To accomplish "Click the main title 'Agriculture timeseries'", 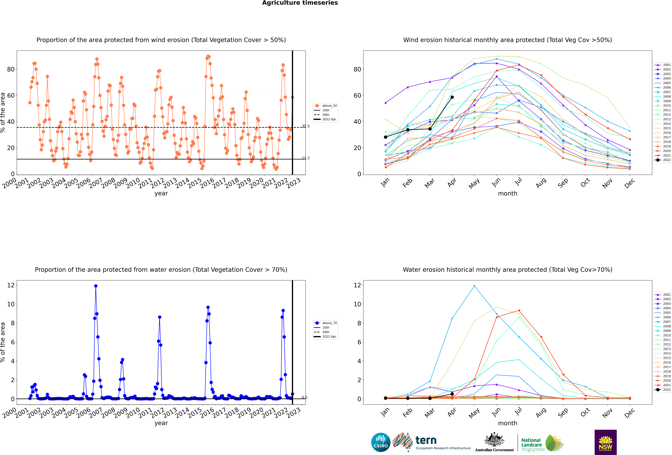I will [x=300, y=3].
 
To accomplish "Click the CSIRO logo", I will [x=381, y=442].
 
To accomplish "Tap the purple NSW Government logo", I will [x=606, y=442].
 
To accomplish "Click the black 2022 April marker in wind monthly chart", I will [x=452, y=97].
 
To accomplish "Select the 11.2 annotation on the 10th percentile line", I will [x=306, y=158].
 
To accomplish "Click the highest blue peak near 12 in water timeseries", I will [x=96, y=286].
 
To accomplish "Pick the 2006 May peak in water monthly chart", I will [x=474, y=286].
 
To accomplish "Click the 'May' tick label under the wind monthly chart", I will [x=474, y=183].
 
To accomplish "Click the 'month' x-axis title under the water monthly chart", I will [x=507, y=423].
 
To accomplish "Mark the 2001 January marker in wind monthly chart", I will [x=385, y=103].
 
